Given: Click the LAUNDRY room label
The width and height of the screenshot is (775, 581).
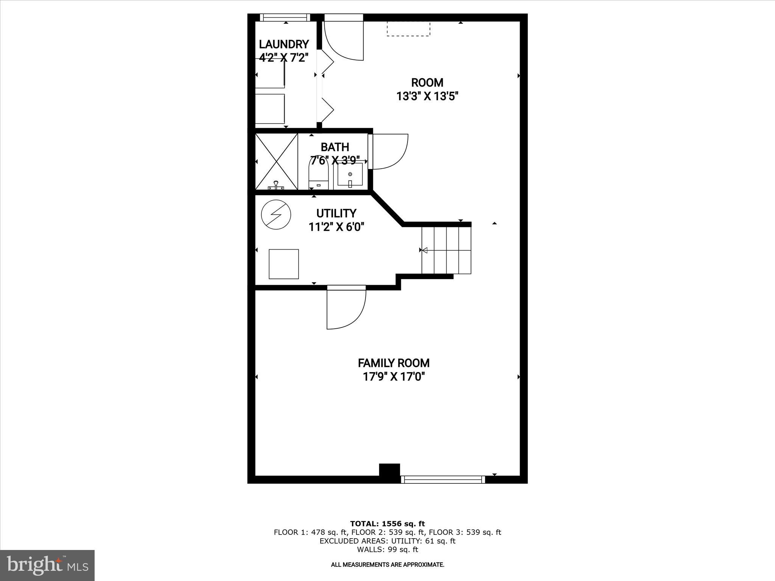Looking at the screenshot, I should click(284, 44).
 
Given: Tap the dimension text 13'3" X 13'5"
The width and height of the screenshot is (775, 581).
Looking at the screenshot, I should click(427, 96).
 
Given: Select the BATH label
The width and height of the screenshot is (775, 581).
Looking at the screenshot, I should click(335, 147).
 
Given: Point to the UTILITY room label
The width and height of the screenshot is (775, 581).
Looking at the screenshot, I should click(336, 213).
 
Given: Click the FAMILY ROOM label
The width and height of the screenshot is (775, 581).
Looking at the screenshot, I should click(394, 363).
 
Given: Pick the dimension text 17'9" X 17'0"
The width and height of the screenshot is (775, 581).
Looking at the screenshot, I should click(394, 377).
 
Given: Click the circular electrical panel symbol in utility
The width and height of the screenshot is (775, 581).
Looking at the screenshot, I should click(276, 214).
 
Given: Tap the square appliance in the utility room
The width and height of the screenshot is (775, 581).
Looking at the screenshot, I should click(283, 264).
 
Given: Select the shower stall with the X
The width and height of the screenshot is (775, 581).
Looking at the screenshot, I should click(277, 161).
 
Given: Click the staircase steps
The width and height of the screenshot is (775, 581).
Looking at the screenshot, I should click(447, 250).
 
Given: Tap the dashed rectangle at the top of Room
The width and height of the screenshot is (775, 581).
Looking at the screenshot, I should click(408, 29).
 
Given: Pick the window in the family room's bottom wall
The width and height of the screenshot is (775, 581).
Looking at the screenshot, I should click(442, 479).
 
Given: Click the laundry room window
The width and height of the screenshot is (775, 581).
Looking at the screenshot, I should click(285, 17).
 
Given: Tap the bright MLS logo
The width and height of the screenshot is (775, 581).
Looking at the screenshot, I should click(47, 565).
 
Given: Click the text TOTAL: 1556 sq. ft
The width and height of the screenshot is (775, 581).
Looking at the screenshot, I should click(387, 524).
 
